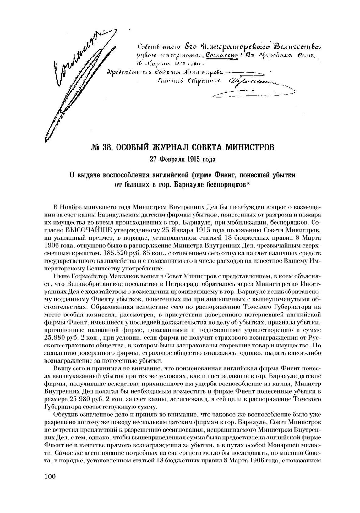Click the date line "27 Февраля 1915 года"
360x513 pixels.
[x=183, y=160]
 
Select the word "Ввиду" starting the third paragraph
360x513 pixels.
[x=61, y=368]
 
